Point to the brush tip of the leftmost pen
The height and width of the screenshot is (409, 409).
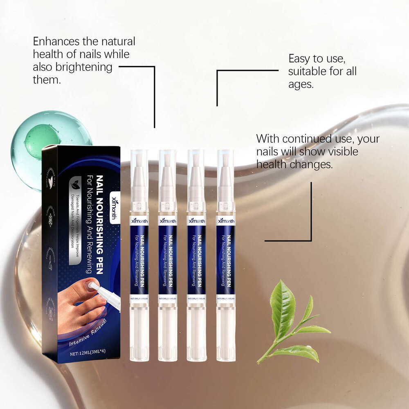click(x=139, y=157)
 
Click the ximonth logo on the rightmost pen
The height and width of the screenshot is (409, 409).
click(x=226, y=221)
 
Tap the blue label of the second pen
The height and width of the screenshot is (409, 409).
click(x=167, y=262)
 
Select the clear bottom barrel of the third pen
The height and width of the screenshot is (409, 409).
click(x=196, y=331)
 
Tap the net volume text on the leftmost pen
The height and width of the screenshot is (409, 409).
click(x=139, y=299)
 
